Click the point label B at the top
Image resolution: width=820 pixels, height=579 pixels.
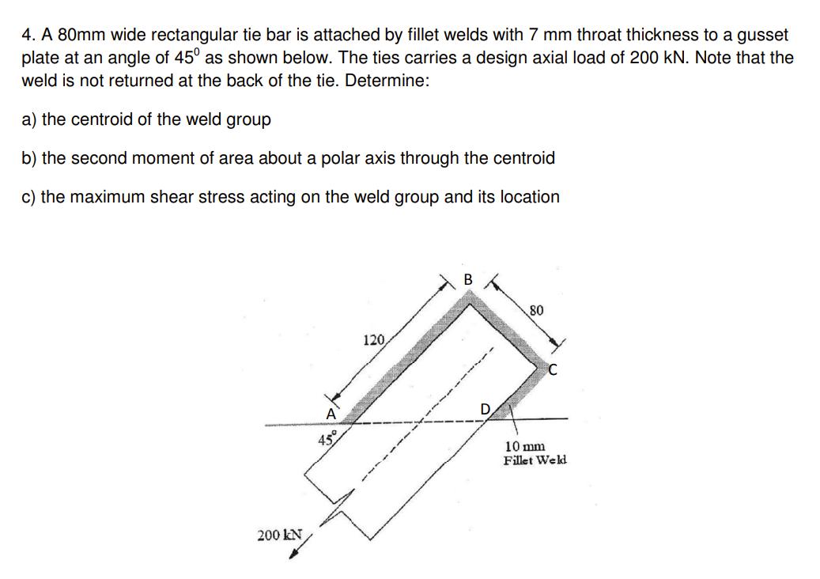(467, 279)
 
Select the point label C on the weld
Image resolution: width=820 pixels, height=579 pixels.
(553, 368)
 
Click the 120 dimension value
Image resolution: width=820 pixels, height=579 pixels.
(373, 341)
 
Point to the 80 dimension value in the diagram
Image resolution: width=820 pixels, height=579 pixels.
(536, 310)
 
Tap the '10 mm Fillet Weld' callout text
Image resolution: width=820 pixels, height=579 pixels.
(535, 453)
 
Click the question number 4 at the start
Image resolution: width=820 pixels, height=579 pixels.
(27, 36)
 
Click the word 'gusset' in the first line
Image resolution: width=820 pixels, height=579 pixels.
(762, 36)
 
